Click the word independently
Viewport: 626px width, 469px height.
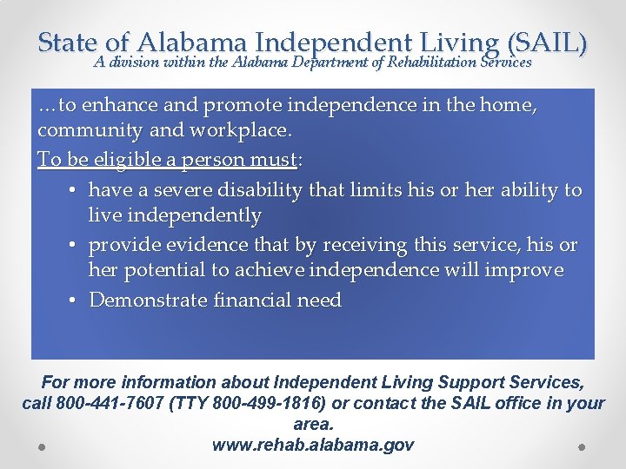[x=175, y=215]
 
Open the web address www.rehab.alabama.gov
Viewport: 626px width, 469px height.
[x=313, y=446]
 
